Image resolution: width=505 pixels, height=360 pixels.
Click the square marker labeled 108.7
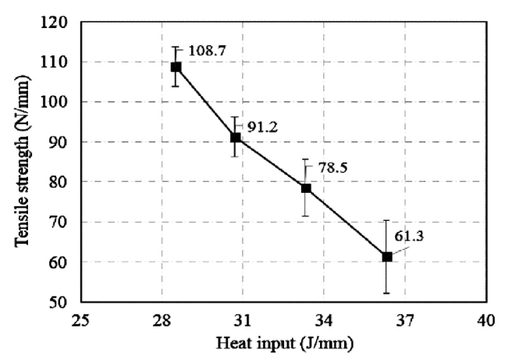click(x=176, y=67)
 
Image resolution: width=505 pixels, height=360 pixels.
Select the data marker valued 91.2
click(x=235, y=137)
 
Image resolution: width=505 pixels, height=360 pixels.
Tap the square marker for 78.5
click(x=306, y=188)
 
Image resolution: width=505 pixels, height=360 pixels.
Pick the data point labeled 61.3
click(x=386, y=257)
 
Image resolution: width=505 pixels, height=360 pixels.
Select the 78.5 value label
click(x=331, y=167)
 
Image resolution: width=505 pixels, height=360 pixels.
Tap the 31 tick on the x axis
click(x=242, y=320)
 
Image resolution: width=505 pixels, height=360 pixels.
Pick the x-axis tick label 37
click(x=404, y=320)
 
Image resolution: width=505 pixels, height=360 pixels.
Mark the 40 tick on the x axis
click(x=485, y=320)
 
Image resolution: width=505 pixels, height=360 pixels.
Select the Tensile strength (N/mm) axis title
click(x=23, y=162)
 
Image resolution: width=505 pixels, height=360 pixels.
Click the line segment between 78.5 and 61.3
click(x=347, y=223)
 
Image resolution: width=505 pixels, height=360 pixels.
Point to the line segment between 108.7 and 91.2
click(x=206, y=102)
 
